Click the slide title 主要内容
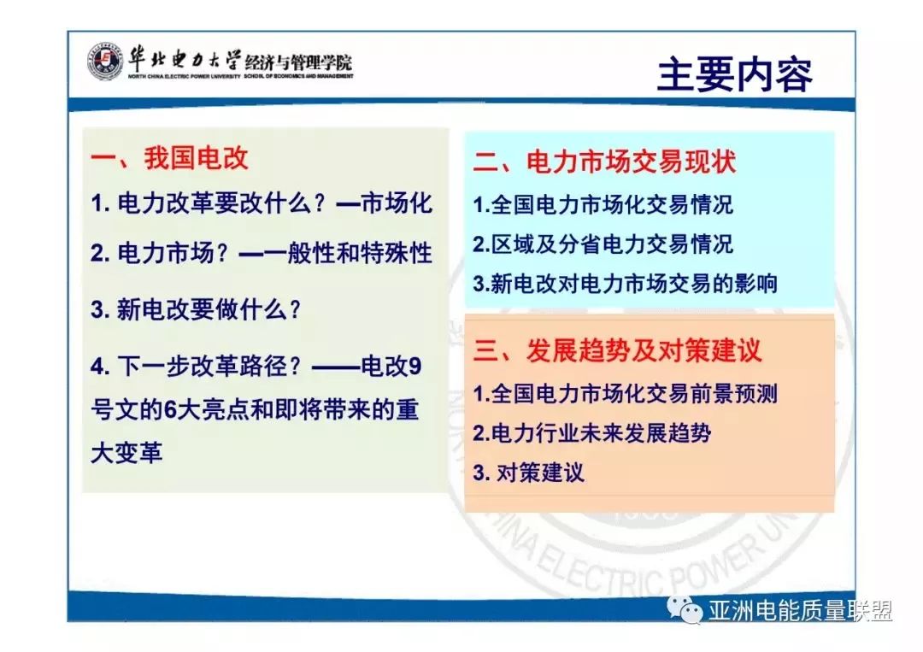pos(734,75)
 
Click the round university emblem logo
pos(103,63)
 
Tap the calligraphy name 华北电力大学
pos(184,57)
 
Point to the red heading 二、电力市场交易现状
pos(604,162)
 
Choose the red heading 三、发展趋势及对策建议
pos(617,350)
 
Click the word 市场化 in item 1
pos(397,203)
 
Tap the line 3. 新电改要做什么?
pos(197,309)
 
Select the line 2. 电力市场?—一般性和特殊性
pos(262,253)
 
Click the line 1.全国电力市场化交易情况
pos(603,205)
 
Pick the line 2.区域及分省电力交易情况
pos(603,244)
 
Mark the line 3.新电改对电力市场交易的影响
pos(626,284)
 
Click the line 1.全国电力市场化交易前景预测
pos(626,394)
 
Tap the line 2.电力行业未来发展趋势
pos(591,433)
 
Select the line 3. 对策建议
pos(529,473)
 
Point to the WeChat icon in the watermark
pos(685,610)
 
